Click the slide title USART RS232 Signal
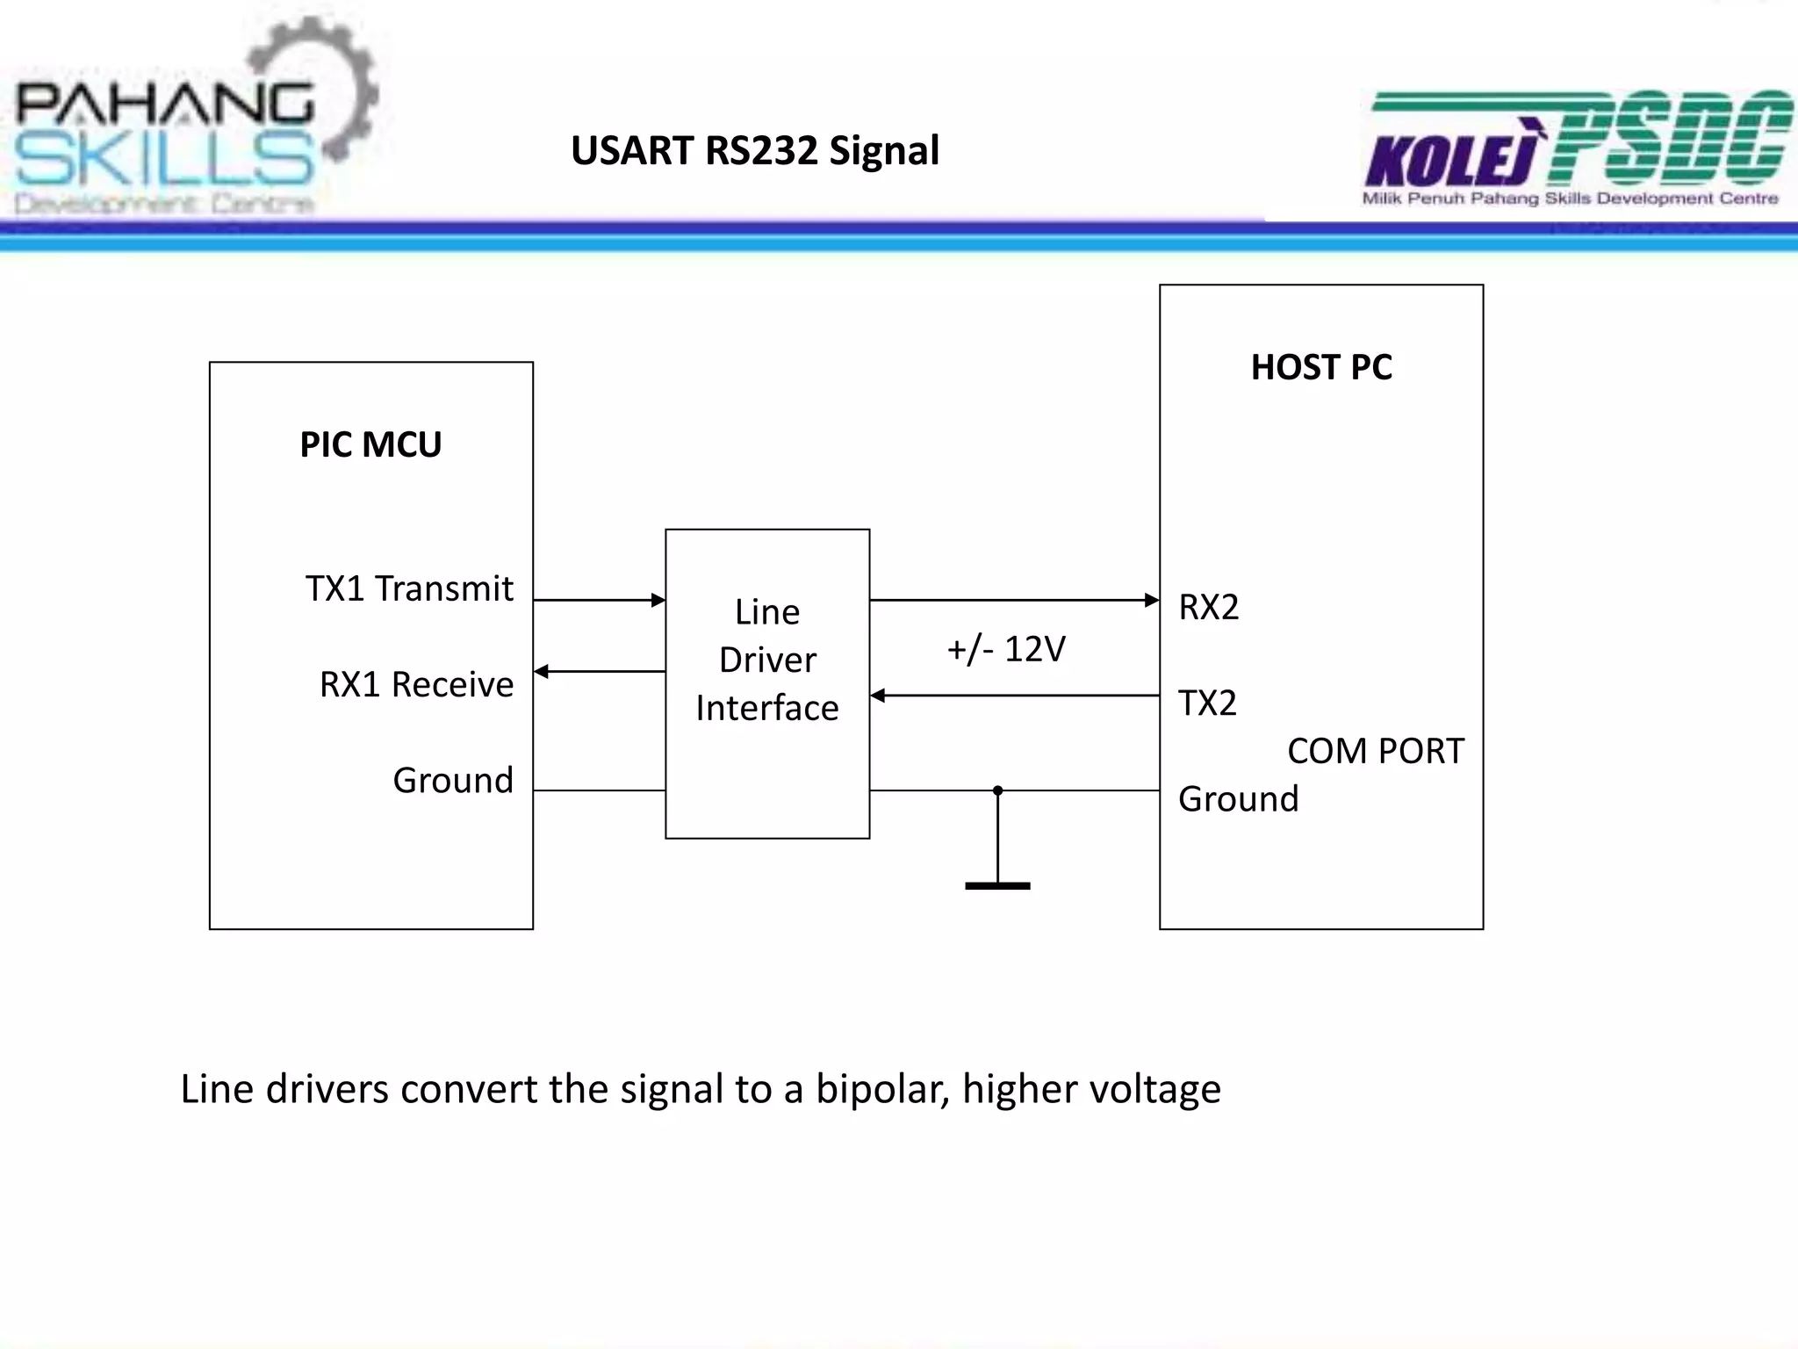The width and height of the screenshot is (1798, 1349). (755, 150)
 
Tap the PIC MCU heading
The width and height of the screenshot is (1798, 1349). (370, 444)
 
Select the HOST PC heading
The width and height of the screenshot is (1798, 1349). (1321, 367)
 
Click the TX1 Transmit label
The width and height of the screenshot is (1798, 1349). (409, 588)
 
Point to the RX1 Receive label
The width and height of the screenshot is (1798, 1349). (416, 684)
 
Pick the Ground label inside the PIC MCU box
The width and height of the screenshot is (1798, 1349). (453, 780)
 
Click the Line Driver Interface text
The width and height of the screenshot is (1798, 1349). (767, 660)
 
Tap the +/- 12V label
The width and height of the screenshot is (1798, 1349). (1006, 649)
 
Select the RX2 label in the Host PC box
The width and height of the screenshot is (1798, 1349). (1209, 607)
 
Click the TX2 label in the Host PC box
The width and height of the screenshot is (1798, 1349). (1208, 703)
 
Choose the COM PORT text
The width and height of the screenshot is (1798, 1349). (1376, 751)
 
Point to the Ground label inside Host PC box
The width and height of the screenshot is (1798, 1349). (1238, 799)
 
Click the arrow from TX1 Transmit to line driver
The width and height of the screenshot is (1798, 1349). (599, 601)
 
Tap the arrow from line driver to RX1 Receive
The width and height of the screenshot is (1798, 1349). (599, 672)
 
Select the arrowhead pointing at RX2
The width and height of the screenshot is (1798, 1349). (1152, 601)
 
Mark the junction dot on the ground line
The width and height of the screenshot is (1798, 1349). (997, 790)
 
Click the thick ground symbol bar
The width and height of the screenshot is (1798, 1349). (997, 886)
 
